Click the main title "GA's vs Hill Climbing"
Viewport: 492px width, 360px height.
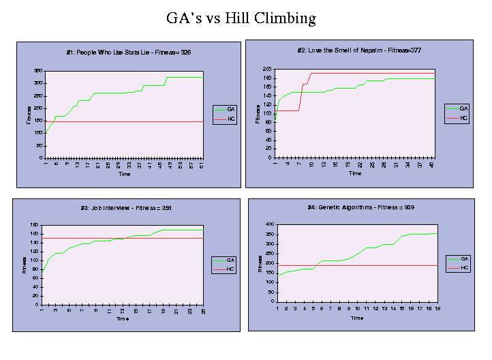241,18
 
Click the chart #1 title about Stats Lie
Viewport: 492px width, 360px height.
128,52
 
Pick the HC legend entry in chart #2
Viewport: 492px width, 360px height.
464,118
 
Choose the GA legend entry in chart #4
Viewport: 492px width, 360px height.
464,258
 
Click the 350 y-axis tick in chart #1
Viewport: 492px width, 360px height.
38,71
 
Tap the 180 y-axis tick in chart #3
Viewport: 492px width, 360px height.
35,225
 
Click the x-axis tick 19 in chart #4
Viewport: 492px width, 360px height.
437,307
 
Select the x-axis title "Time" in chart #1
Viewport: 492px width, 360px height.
124,174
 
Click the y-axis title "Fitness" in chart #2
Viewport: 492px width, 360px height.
258,114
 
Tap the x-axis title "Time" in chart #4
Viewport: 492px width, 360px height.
356,317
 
